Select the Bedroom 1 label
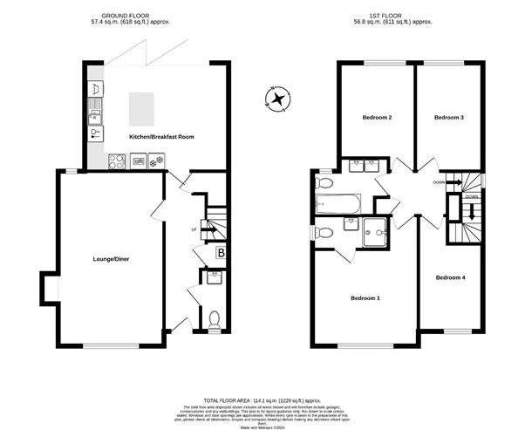tap(365, 298)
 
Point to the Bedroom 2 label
tap(377, 117)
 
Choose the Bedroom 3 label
tap(448, 117)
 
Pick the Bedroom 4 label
tap(450, 277)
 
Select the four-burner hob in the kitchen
tap(114, 160)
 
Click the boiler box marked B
tap(222, 254)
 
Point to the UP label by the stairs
tap(194, 229)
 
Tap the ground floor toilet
tap(214, 317)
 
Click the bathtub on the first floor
tap(336, 205)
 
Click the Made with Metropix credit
tap(262, 424)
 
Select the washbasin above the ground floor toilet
tap(214, 278)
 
